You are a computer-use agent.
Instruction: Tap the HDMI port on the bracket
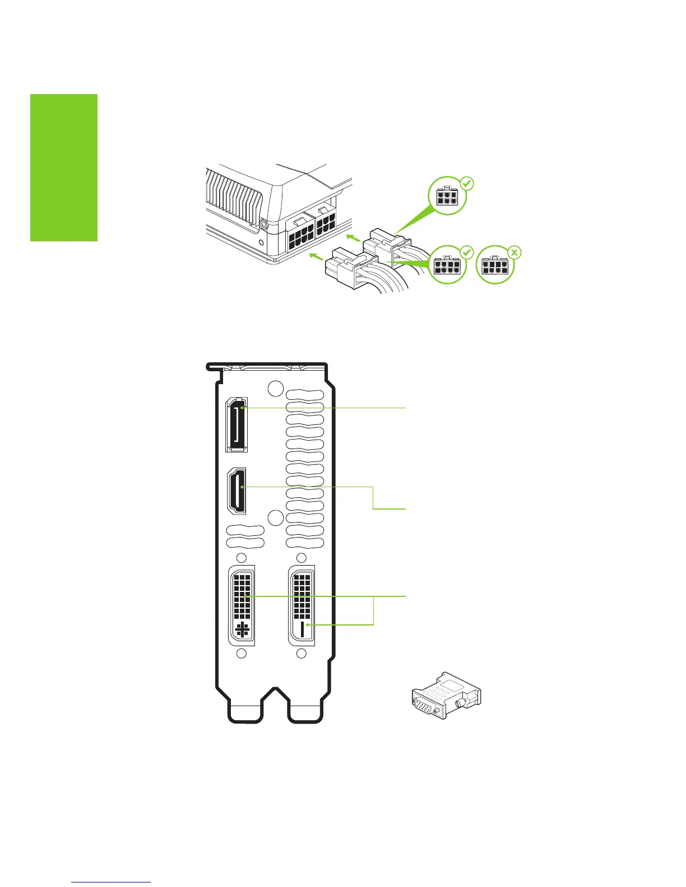pyautogui.click(x=238, y=492)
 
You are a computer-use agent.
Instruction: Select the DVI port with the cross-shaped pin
pyautogui.click(x=242, y=605)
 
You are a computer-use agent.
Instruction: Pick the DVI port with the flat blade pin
pyautogui.click(x=302, y=605)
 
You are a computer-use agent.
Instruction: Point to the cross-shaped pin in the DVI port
pyautogui.click(x=242, y=629)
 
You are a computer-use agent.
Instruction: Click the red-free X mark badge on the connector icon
pyautogui.click(x=514, y=253)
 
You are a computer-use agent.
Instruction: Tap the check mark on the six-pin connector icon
pyautogui.click(x=467, y=183)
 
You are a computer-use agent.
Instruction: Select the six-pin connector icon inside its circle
pyautogui.click(x=447, y=197)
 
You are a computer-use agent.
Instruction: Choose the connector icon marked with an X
pyautogui.click(x=494, y=265)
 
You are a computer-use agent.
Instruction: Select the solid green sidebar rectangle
pyautogui.click(x=63, y=167)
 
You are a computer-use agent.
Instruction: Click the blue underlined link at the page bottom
pyautogui.click(x=112, y=882)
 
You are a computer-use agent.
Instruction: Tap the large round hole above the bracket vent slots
pyautogui.click(x=276, y=388)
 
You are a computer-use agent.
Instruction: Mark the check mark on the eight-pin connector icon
pyautogui.click(x=466, y=253)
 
